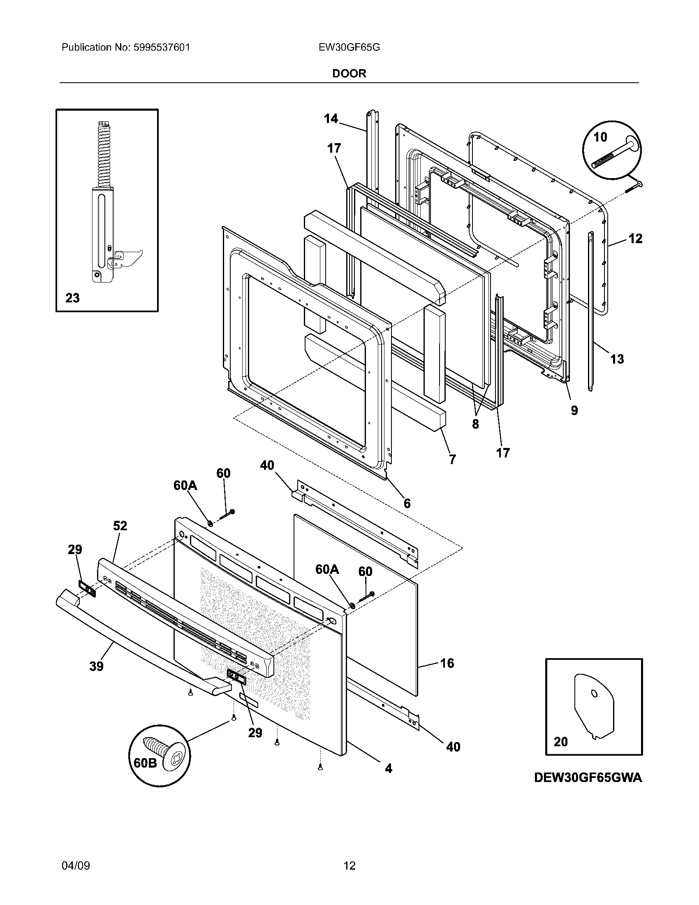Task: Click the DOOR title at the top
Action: tap(349, 73)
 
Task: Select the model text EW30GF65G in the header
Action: tap(349, 47)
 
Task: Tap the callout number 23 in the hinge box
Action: tap(72, 298)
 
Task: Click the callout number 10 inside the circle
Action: tap(600, 137)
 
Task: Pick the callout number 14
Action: tap(331, 119)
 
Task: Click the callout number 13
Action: tap(617, 359)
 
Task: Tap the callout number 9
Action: tap(574, 410)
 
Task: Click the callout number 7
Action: tap(452, 459)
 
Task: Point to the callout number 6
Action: tap(407, 503)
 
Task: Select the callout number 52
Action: tap(120, 526)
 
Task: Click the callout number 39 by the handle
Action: tap(96, 666)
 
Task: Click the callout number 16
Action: tap(447, 663)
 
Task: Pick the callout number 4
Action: tap(388, 769)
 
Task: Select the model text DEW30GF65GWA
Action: tap(588, 777)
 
